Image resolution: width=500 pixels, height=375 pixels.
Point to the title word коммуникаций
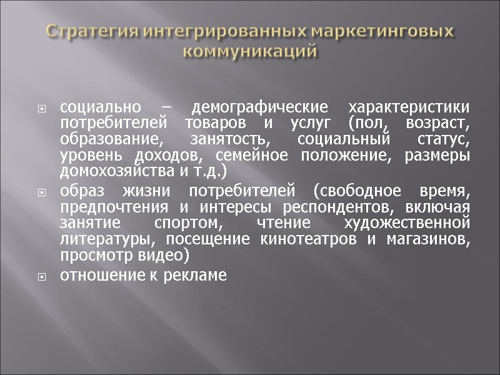250,50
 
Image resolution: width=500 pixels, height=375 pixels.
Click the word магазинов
433,239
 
